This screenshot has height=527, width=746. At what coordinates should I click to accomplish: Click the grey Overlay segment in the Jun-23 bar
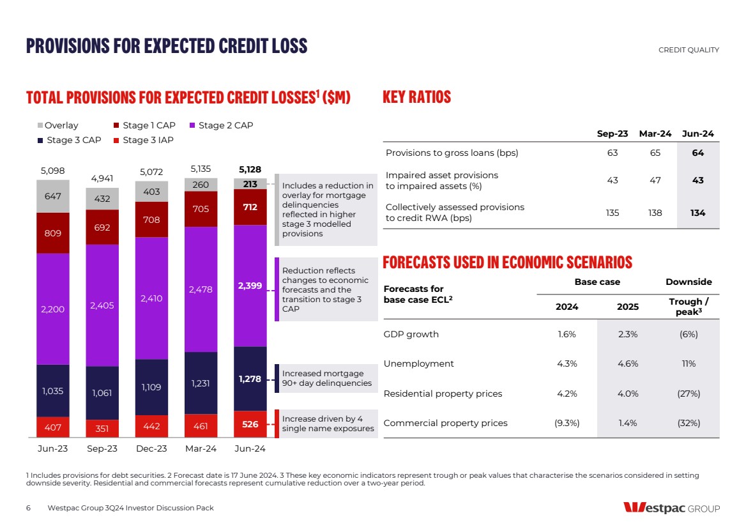[52, 196]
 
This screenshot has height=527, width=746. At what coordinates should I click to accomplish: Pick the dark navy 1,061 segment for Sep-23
[102, 392]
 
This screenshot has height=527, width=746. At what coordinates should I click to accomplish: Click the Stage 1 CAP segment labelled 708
[151, 220]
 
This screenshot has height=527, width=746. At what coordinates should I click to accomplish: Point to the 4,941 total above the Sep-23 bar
[102, 178]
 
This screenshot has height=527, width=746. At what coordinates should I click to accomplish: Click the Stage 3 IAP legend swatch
[116, 140]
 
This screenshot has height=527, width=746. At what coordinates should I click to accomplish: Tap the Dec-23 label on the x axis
[151, 448]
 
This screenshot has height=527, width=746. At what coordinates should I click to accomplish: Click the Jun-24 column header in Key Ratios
[697, 134]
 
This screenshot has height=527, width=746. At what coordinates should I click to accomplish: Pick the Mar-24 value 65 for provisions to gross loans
[655, 153]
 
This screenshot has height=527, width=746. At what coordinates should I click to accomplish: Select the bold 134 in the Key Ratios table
[697, 213]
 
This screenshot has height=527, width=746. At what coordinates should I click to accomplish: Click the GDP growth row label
[411, 334]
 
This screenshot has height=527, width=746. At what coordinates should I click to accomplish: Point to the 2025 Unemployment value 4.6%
[627, 363]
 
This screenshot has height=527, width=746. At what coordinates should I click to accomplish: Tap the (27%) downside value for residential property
[689, 393]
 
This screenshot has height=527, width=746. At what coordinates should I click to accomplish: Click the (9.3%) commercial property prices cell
[567, 423]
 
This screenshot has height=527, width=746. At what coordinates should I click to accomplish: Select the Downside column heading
[689, 282]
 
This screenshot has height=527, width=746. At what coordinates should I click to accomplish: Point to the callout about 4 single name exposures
[328, 424]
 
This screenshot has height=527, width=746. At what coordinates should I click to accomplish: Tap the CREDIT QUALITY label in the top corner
[689, 50]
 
